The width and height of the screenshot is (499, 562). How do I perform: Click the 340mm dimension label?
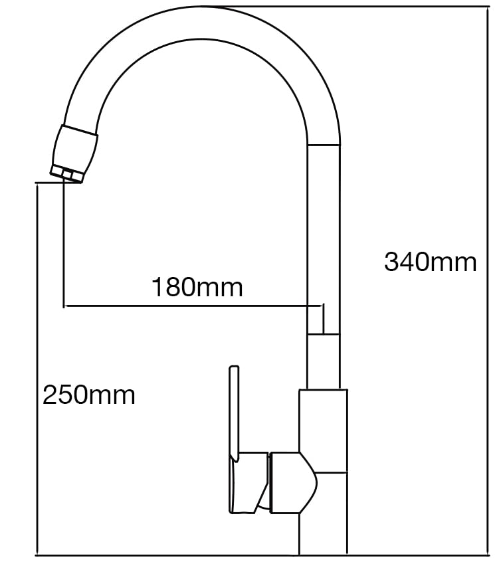[x=430, y=262]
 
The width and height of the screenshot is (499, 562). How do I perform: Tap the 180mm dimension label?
[x=197, y=287]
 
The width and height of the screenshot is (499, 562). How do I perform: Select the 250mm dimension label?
[x=89, y=395]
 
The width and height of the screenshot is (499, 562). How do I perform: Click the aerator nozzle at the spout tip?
[x=74, y=154]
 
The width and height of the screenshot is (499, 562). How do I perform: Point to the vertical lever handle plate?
[x=234, y=413]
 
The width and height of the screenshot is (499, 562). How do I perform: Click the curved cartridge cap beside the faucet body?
[x=294, y=483]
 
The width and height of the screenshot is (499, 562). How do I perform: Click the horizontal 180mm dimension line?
[x=193, y=306]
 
